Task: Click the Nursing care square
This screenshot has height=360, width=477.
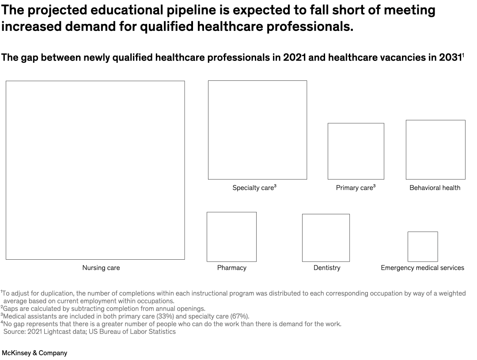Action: point(95,170)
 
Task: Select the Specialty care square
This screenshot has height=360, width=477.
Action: point(257,130)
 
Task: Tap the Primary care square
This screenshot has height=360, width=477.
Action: point(356,151)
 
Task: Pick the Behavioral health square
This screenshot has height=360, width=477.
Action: point(435,150)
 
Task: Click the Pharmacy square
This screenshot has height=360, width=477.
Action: point(231,237)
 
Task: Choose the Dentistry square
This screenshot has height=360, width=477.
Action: point(326,238)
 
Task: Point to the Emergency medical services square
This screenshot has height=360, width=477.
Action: point(423,246)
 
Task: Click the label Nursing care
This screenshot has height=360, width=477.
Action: point(101,268)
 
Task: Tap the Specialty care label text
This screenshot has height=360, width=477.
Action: point(253,188)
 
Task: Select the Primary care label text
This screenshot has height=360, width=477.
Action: point(354,188)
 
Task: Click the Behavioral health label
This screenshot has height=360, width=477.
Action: point(435,188)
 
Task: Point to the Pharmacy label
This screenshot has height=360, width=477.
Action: point(231,268)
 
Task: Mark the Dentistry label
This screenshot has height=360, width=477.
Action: point(327,268)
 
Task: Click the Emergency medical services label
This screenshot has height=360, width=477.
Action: point(422,268)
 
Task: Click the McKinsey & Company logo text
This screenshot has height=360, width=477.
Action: point(34,353)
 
